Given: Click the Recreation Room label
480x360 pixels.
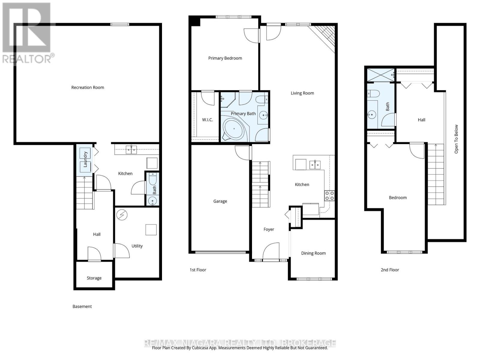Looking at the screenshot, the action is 88,88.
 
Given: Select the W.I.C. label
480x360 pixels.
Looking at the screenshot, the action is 207,120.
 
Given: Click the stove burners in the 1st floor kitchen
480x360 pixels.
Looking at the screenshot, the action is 329,196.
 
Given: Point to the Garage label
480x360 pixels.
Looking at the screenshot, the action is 220,201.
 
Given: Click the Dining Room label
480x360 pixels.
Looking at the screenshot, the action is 313,253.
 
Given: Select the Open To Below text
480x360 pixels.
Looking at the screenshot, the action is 456,139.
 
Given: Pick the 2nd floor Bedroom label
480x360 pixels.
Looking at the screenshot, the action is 397,198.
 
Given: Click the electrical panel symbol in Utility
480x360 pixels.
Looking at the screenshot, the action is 122,215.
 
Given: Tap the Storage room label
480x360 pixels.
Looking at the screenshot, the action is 94,278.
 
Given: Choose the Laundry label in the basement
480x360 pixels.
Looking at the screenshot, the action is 85,159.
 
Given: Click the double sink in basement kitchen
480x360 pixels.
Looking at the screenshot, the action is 131,149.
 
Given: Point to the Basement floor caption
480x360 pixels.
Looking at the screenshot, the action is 82,307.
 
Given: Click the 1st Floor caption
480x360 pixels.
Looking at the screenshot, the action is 198,270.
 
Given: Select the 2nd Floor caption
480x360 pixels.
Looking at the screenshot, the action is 390,270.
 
